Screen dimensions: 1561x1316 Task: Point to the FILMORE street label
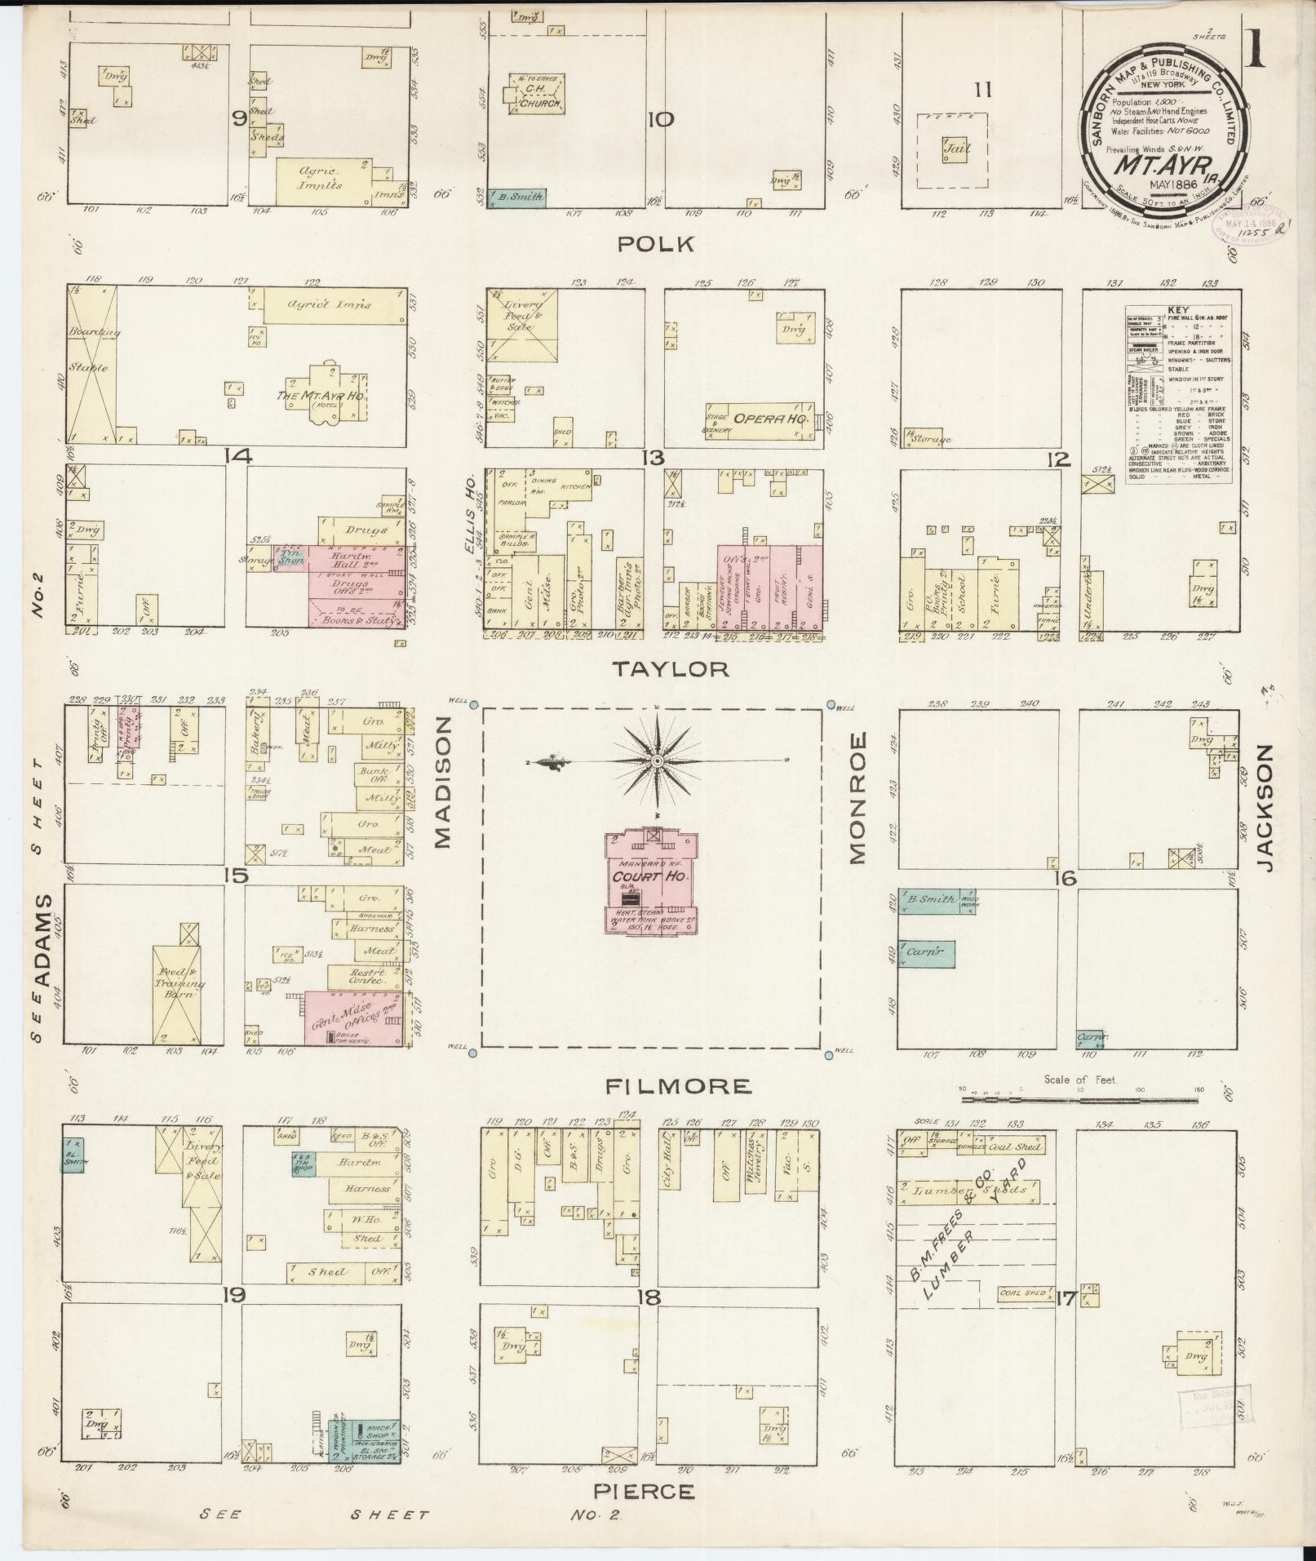679,1086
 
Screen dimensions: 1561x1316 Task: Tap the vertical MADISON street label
443,783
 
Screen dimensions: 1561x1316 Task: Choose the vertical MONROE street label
857,797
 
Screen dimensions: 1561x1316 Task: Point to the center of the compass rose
657,761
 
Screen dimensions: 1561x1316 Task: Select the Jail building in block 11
951,149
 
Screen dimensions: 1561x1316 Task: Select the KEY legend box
1178,397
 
